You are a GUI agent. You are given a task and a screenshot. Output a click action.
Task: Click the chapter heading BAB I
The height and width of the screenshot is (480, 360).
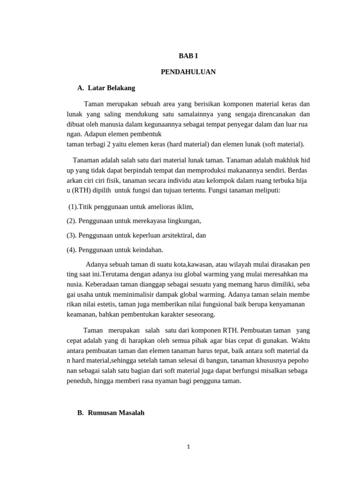(x=188, y=56)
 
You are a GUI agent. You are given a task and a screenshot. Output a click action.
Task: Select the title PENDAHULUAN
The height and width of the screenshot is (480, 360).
(x=188, y=72)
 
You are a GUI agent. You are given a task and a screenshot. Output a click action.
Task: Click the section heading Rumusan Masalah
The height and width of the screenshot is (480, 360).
(x=116, y=413)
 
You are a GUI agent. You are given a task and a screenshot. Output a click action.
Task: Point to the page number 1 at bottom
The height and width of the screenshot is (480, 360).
(x=188, y=447)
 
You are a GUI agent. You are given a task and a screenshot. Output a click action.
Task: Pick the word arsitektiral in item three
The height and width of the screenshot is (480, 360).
(x=175, y=235)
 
